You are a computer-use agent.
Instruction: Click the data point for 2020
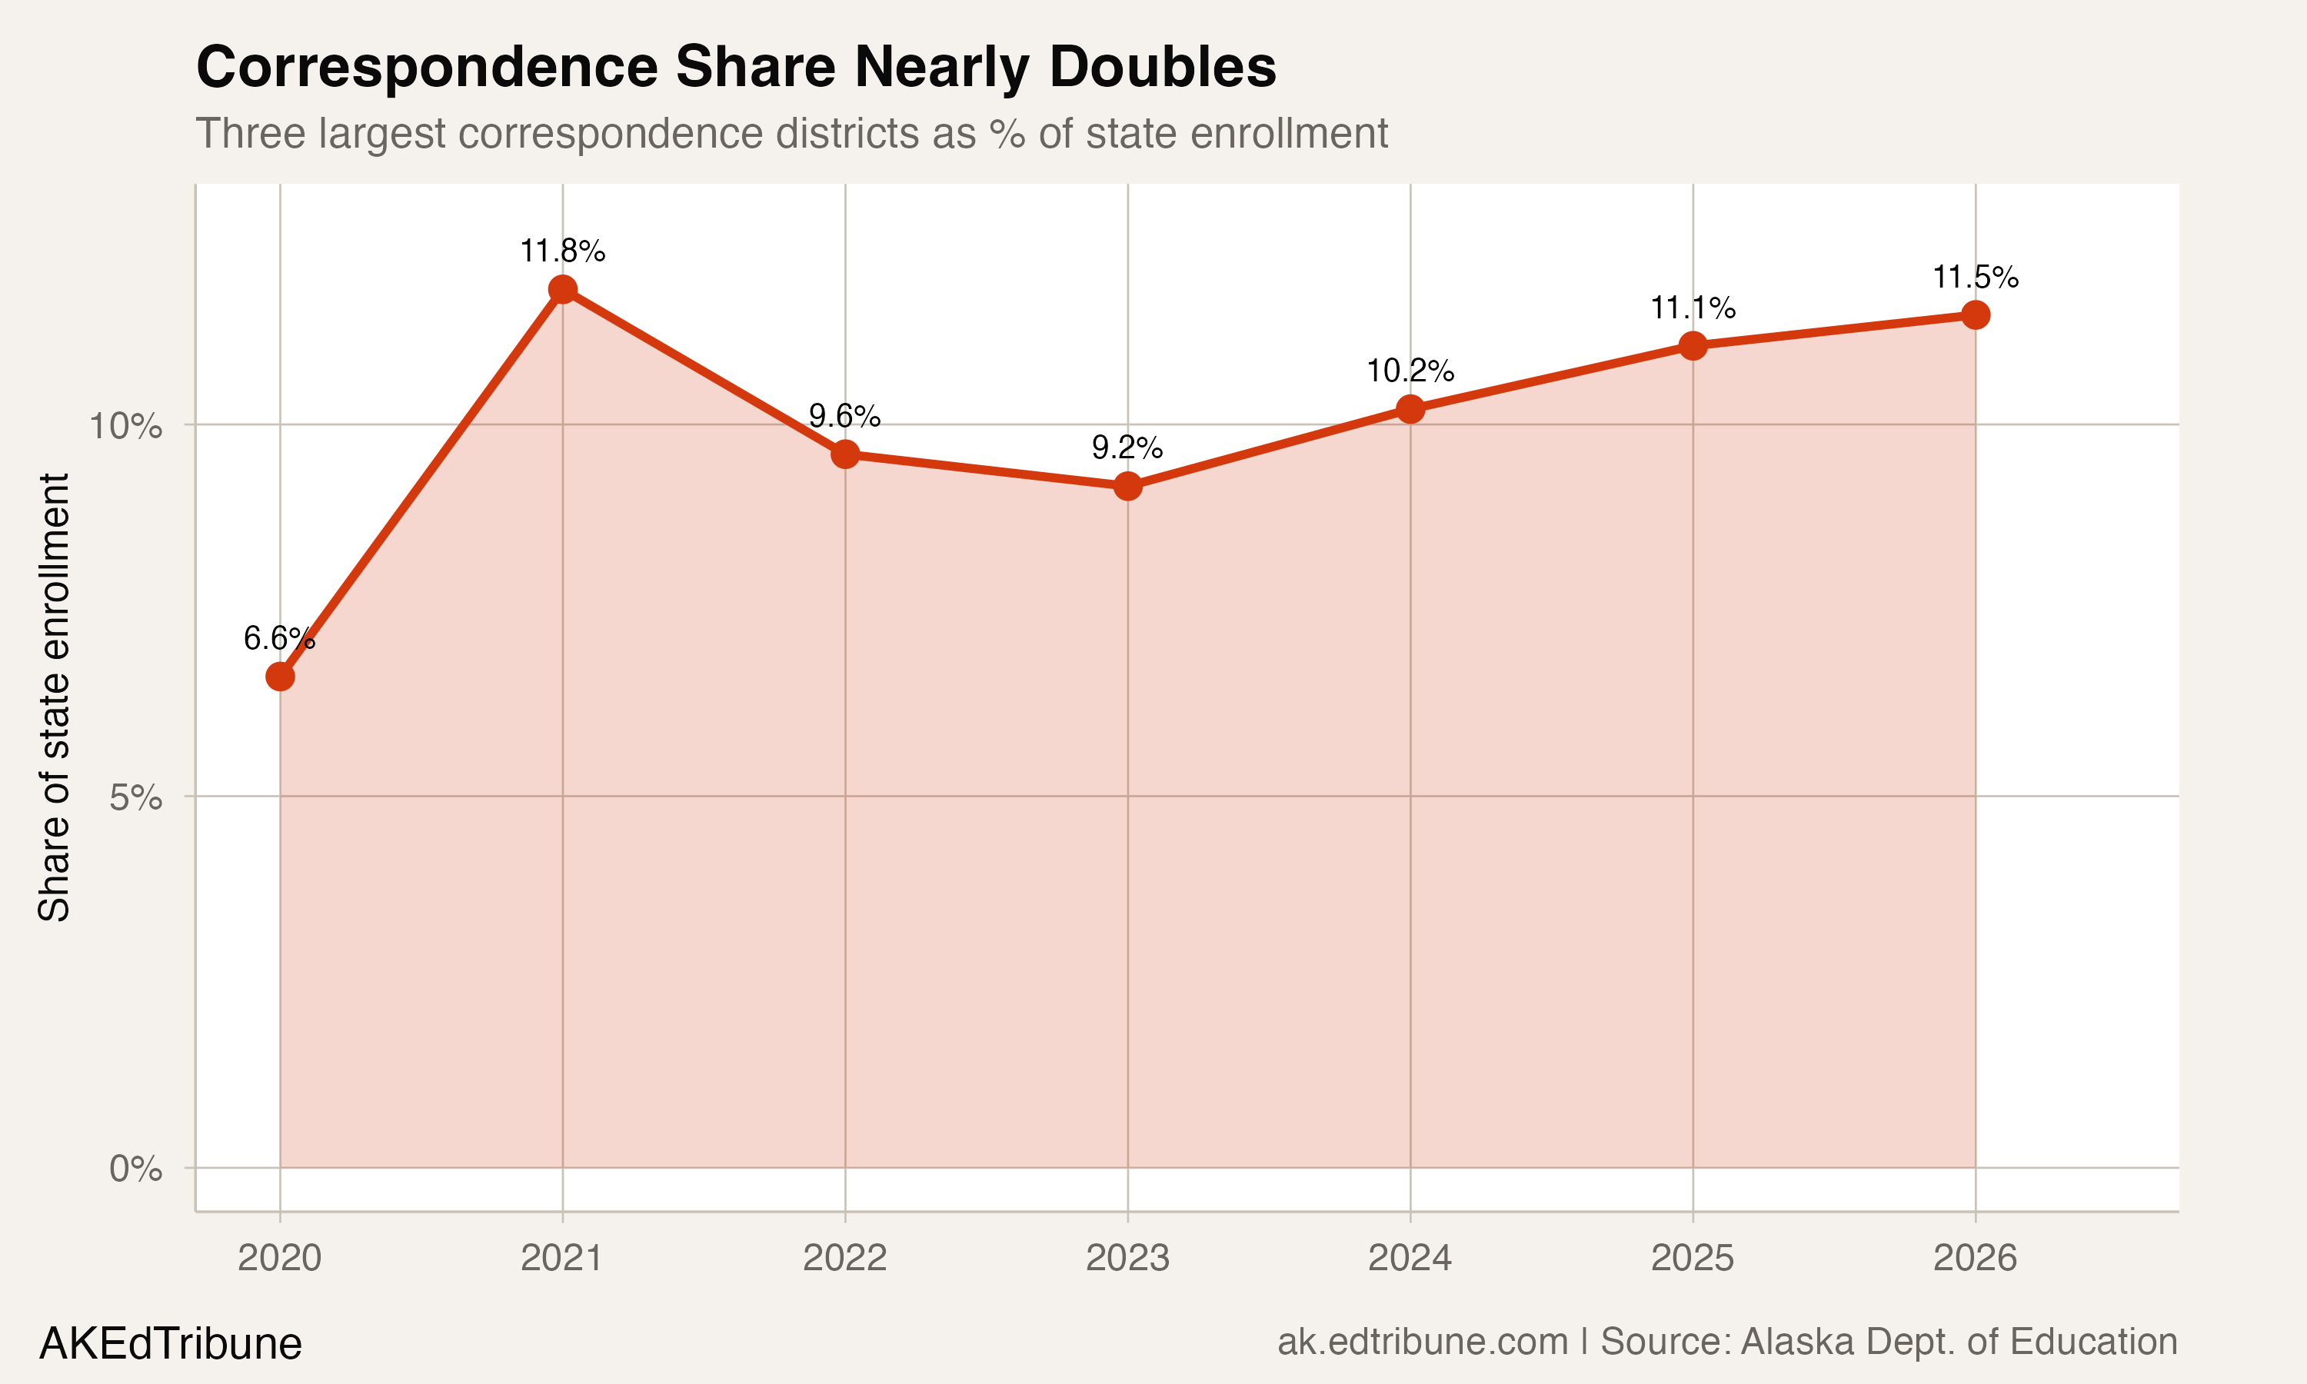[x=280, y=676]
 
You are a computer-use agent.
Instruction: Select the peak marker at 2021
[x=562, y=289]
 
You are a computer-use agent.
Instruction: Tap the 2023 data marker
[x=1127, y=486]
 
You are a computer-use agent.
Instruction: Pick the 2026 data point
[x=1975, y=315]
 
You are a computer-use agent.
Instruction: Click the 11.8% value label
[x=562, y=251]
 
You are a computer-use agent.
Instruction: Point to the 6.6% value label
[x=279, y=639]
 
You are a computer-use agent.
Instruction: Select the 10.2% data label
[x=1410, y=371]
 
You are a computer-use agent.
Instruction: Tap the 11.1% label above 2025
[x=1693, y=308]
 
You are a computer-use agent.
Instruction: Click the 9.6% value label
[x=844, y=416]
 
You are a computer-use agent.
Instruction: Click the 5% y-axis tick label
[x=135, y=798]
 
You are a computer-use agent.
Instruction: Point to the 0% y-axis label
[x=135, y=1169]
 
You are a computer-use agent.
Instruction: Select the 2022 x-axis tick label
[x=844, y=1259]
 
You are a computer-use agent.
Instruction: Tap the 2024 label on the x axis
[x=1409, y=1259]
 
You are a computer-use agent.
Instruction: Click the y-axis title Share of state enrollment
[x=54, y=697]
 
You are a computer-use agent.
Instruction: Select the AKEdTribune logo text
[x=171, y=1344]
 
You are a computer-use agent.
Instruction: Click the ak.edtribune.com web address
[x=1422, y=1342]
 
